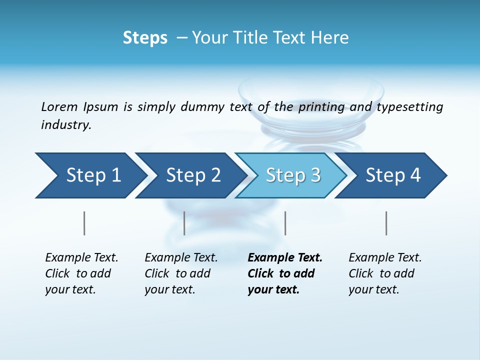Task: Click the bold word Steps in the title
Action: tap(145, 38)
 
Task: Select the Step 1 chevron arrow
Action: tap(90, 175)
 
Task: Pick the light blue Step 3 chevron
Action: tap(292, 175)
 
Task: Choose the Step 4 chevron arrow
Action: tap(392, 175)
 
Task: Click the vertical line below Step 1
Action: tap(84, 223)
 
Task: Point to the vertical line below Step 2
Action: tap(184, 223)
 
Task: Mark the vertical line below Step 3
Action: tap(285, 223)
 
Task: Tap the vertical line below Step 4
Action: tap(386, 223)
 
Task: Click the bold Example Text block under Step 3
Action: tap(284, 273)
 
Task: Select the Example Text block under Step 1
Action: tap(81, 273)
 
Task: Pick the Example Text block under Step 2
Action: tap(181, 273)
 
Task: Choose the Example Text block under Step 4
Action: tap(385, 273)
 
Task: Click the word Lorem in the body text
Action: tap(59, 107)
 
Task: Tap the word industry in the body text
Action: tap(66, 125)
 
